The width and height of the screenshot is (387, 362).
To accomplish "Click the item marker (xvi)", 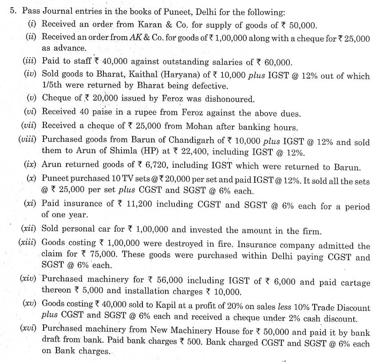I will click(x=29, y=330).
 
